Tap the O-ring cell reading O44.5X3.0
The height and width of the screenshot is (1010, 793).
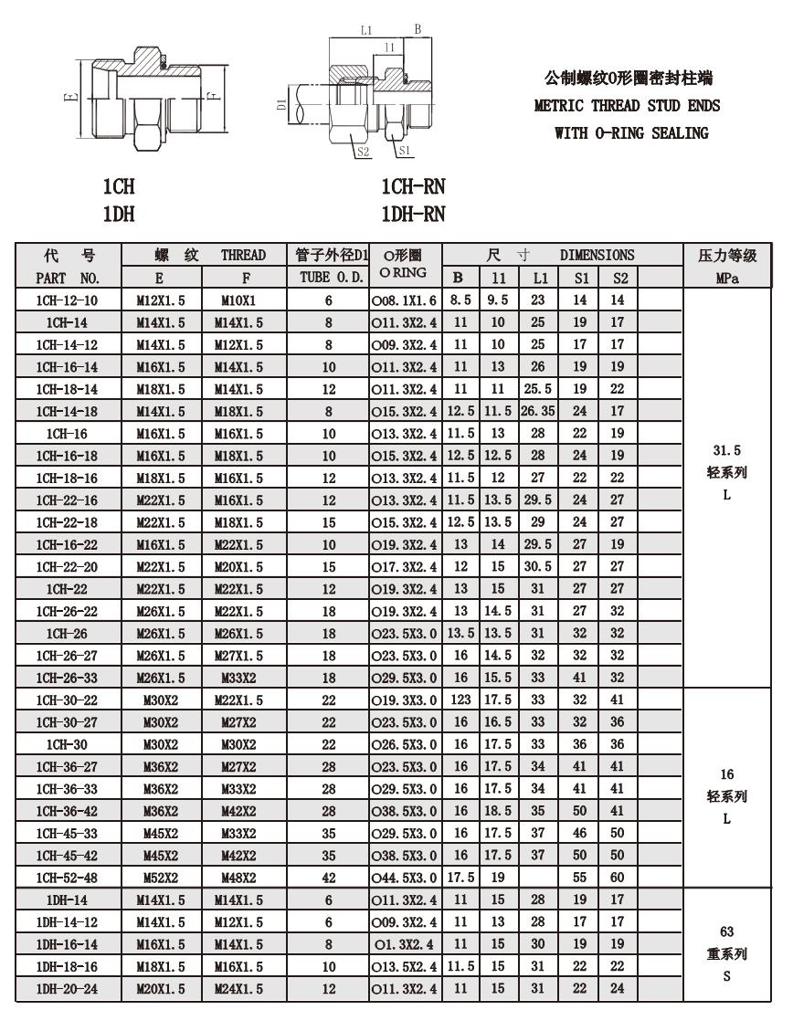click(405, 877)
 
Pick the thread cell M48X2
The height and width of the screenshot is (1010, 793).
click(238, 877)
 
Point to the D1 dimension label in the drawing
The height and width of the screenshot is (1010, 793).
click(282, 103)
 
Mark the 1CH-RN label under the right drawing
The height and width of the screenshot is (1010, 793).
click(413, 188)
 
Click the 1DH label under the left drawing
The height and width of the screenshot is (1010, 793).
click(119, 215)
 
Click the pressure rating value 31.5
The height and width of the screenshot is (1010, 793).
click(727, 450)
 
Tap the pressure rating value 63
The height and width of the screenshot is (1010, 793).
click(727, 932)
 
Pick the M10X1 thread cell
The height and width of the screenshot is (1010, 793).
click(238, 300)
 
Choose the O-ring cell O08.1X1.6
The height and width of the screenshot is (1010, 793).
click(405, 300)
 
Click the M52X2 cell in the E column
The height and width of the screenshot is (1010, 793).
click(160, 877)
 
